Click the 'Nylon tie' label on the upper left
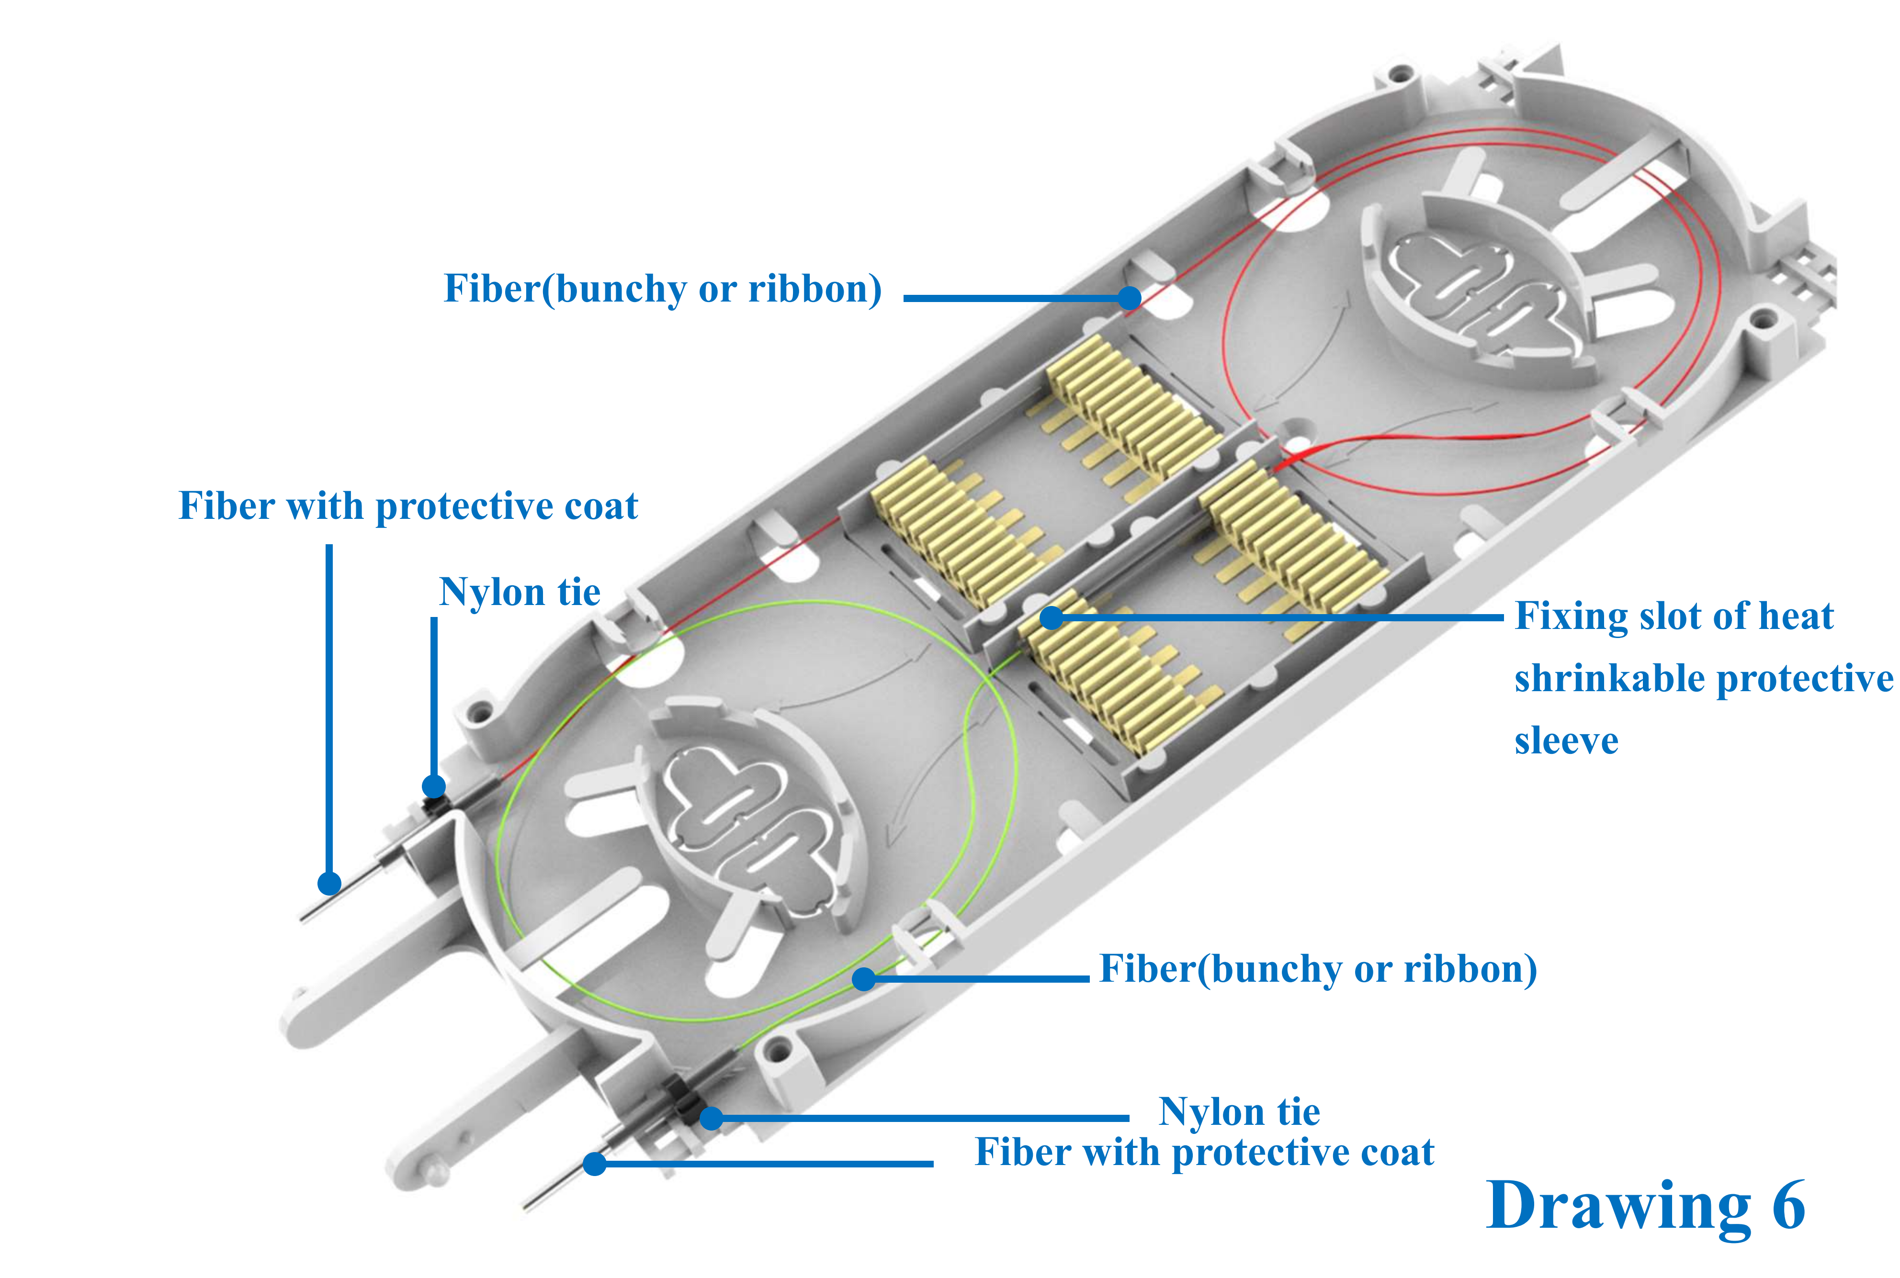coord(519,592)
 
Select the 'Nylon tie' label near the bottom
coord(1238,1112)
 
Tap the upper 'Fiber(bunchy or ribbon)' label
coord(662,289)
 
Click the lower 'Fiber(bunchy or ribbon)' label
coord(1317,969)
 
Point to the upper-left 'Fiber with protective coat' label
coord(407,506)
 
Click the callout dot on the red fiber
coord(1129,298)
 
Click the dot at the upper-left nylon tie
coord(434,786)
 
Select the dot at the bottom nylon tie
coord(711,1118)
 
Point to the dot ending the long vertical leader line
coord(328,883)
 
